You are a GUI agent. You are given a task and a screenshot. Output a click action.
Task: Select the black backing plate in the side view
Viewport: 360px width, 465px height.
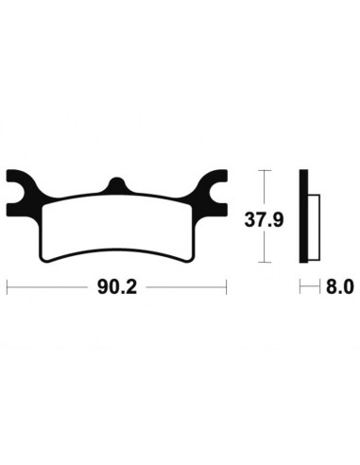(x=304, y=216)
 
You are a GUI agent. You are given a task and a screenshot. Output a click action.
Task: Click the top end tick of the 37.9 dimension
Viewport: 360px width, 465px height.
(x=264, y=171)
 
